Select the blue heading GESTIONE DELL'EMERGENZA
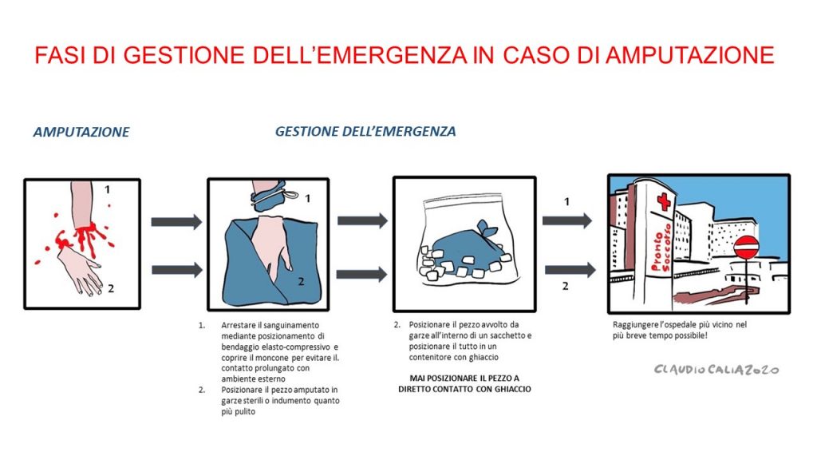tap(365, 131)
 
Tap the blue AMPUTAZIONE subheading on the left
tap(81, 133)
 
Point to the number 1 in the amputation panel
tap(107, 190)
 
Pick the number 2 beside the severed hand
tap(111, 288)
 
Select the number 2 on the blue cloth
tap(302, 280)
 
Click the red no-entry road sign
tap(745, 247)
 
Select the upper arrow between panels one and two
tap(176, 222)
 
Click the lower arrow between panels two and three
tap(361, 274)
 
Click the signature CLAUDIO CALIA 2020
tap(716, 370)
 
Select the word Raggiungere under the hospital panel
tap(638, 325)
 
